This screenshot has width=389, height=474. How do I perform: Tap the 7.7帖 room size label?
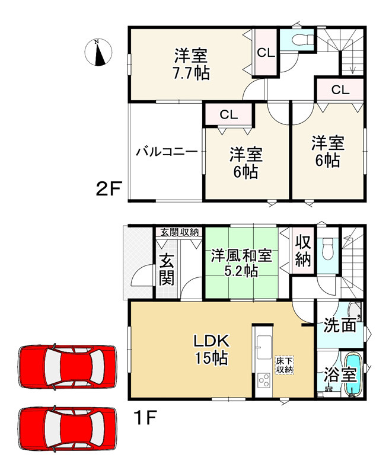point(190,73)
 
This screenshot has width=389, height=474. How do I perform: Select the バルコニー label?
point(166,152)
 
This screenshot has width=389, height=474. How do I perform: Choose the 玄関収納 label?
point(178,232)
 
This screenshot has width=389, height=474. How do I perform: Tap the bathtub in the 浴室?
point(353,374)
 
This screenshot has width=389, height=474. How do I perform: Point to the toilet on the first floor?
point(328,251)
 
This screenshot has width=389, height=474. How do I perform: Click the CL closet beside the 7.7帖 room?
point(265,52)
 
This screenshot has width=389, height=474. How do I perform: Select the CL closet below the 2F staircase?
point(339,90)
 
